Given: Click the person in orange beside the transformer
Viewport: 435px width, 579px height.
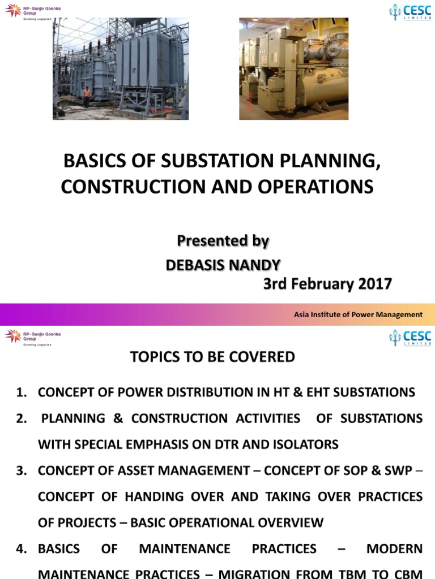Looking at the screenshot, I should coord(87,97).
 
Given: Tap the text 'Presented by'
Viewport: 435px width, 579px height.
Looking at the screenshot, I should coord(223,241).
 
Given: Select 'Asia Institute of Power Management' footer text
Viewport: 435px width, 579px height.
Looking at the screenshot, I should coord(358,314).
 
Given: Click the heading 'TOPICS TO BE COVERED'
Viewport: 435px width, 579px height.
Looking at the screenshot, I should coord(212,357).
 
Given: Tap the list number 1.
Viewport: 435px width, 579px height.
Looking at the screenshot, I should coord(22,392).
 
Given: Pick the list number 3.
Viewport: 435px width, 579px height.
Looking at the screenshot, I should coord(22,471).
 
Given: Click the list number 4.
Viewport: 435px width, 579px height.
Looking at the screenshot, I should coord(22,549).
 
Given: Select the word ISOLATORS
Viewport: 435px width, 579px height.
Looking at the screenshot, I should coord(305,444).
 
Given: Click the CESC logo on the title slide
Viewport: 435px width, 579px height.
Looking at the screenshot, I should coord(410,12).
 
